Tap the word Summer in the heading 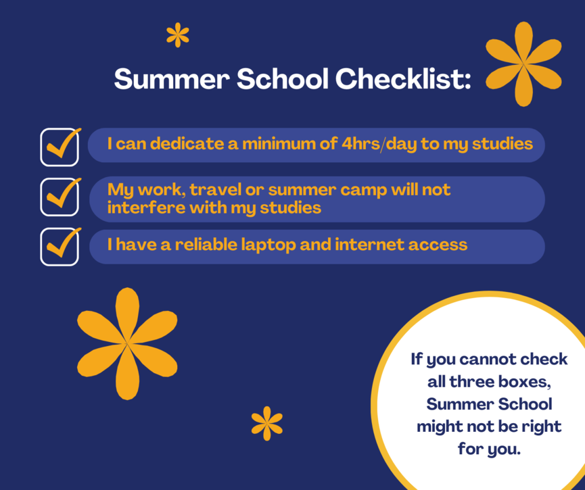[172, 79]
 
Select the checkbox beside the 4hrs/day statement [60, 147]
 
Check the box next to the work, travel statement [60, 197]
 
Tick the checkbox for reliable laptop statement [60, 247]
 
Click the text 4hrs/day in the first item [379, 144]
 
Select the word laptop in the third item [268, 245]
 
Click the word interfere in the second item [146, 207]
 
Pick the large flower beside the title [523, 64]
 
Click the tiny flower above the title [178, 35]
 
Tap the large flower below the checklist [127, 343]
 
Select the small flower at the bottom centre [266, 423]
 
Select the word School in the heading [283, 78]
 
